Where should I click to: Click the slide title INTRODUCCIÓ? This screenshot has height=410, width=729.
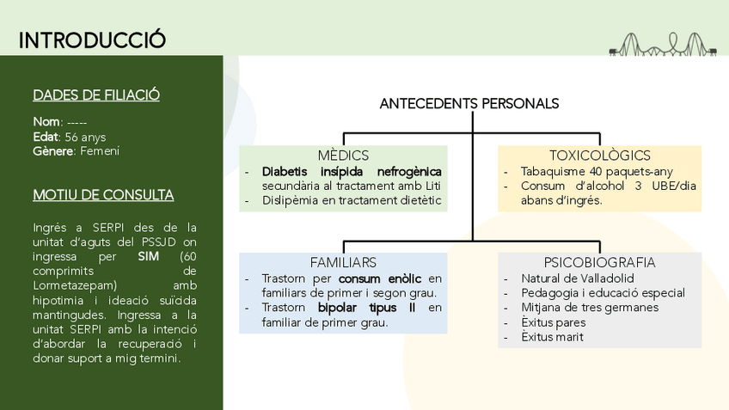(92, 40)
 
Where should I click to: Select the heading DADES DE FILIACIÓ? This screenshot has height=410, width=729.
(95, 95)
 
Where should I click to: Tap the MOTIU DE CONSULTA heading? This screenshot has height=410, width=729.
(103, 195)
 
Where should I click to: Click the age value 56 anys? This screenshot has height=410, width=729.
(85, 137)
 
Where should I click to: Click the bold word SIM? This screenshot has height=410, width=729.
(148, 256)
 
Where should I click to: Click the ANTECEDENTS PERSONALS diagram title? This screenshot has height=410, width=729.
(469, 104)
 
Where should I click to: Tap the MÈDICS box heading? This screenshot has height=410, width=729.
(343, 156)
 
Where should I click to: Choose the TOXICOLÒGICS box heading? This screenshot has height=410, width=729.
(599, 156)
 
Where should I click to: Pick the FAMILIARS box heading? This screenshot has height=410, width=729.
(343, 262)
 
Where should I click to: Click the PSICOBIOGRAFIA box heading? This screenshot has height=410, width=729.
(599, 262)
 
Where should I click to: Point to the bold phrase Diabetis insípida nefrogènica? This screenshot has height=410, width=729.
(352, 171)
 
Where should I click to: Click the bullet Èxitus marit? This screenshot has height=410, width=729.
(552, 337)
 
